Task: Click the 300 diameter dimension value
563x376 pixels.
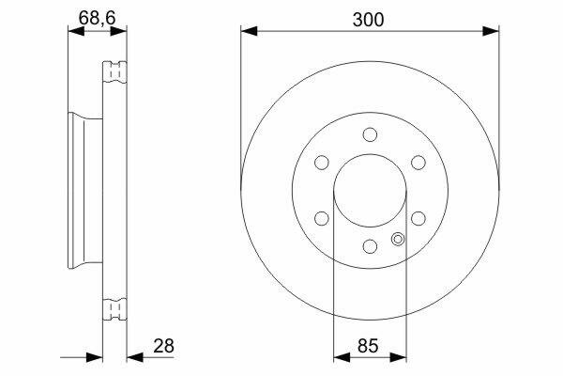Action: (x=368, y=20)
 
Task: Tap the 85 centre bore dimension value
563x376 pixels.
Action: (x=368, y=346)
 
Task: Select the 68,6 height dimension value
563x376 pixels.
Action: (x=97, y=18)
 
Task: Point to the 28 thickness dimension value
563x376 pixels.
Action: (x=163, y=346)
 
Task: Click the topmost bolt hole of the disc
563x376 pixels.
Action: (x=370, y=134)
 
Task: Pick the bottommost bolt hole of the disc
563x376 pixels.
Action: (x=370, y=246)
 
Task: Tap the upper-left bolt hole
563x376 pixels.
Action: (x=322, y=163)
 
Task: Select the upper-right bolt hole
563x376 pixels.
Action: (x=418, y=163)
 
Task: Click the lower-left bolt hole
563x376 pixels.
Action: (x=322, y=218)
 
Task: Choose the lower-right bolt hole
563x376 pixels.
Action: (x=418, y=218)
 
